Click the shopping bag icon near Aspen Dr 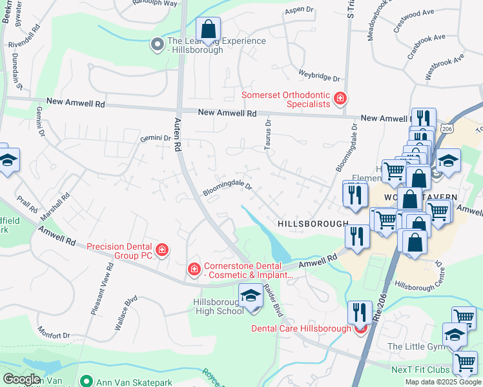[x=209, y=30]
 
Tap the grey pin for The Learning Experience [x=157, y=45]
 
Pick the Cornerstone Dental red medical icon [x=193, y=269]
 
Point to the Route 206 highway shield [x=447, y=129]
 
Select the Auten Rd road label [x=176, y=134]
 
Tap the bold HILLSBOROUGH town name [x=313, y=223]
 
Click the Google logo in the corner [x=21, y=379]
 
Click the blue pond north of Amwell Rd [x=271, y=239]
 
